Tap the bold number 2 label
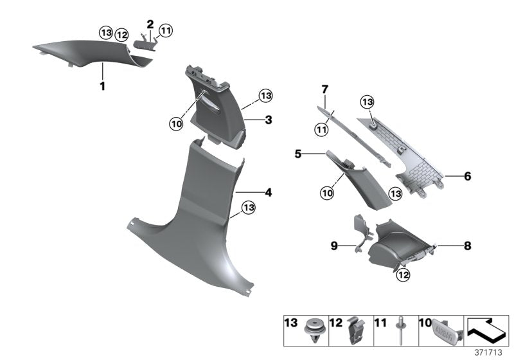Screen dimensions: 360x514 (x=150, y=24)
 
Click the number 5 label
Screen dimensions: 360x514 (x=315, y=154)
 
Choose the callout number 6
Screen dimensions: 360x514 (x=468, y=175)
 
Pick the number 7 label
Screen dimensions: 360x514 (x=325, y=88)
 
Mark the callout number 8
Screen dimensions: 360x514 (x=468, y=245)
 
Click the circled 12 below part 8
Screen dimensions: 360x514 (x=403, y=275)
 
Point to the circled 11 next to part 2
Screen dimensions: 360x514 (x=166, y=30)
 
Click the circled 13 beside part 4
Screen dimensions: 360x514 (x=248, y=207)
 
